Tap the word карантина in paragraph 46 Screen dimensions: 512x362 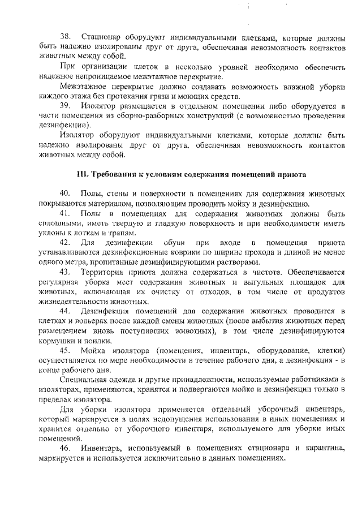323,448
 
